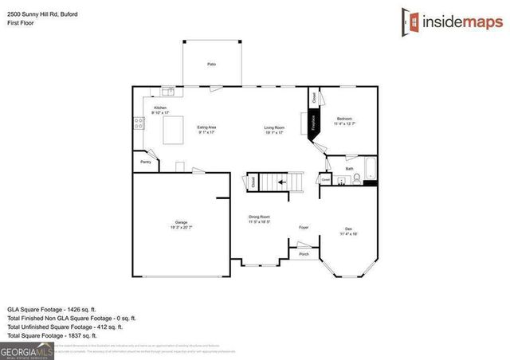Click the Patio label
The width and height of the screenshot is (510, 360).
(211, 64)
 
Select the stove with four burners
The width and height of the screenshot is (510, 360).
(136, 123)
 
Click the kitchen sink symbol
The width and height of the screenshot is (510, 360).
(169, 91)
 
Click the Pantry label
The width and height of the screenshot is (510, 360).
(146, 162)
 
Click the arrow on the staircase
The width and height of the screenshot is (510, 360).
(280, 182)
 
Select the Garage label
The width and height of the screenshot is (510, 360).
(181, 224)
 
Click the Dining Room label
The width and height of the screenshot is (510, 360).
(260, 218)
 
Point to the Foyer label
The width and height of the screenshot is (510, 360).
(304, 226)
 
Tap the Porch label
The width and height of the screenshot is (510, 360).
(304, 254)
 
